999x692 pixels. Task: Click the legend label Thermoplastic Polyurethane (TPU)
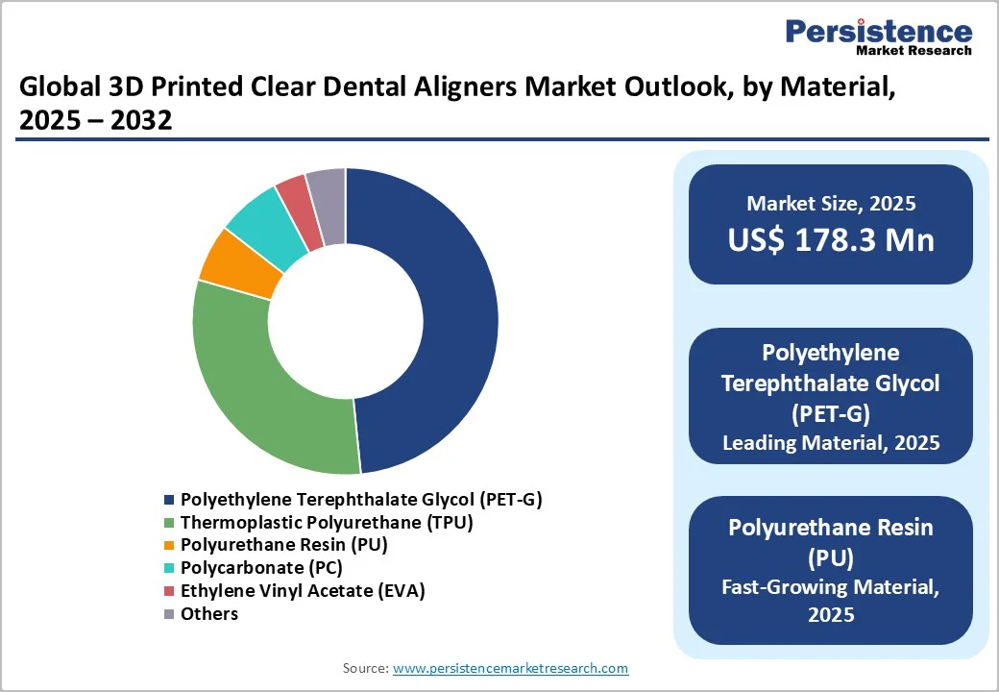point(327,523)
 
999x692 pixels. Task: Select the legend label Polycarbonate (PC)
point(261,567)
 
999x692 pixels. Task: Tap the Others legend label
point(209,613)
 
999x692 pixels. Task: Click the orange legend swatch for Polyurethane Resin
point(170,546)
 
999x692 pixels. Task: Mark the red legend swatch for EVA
point(170,591)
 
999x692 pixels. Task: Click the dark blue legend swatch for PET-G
point(170,501)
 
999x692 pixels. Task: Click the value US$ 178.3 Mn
point(831,239)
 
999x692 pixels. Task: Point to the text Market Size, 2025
point(831,204)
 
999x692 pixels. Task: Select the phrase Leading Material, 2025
point(831,443)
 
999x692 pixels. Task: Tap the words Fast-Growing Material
point(831,586)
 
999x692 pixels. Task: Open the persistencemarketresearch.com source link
point(510,668)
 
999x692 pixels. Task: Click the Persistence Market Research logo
point(878,36)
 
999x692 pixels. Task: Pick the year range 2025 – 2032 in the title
point(95,121)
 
